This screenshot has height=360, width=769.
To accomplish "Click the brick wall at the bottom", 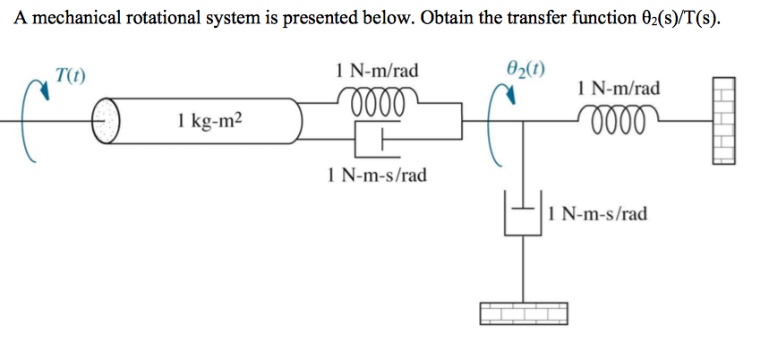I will (525, 312).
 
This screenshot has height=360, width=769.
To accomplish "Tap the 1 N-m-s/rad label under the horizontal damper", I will (377, 174).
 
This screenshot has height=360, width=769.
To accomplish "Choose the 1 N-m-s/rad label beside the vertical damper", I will (597, 214).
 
